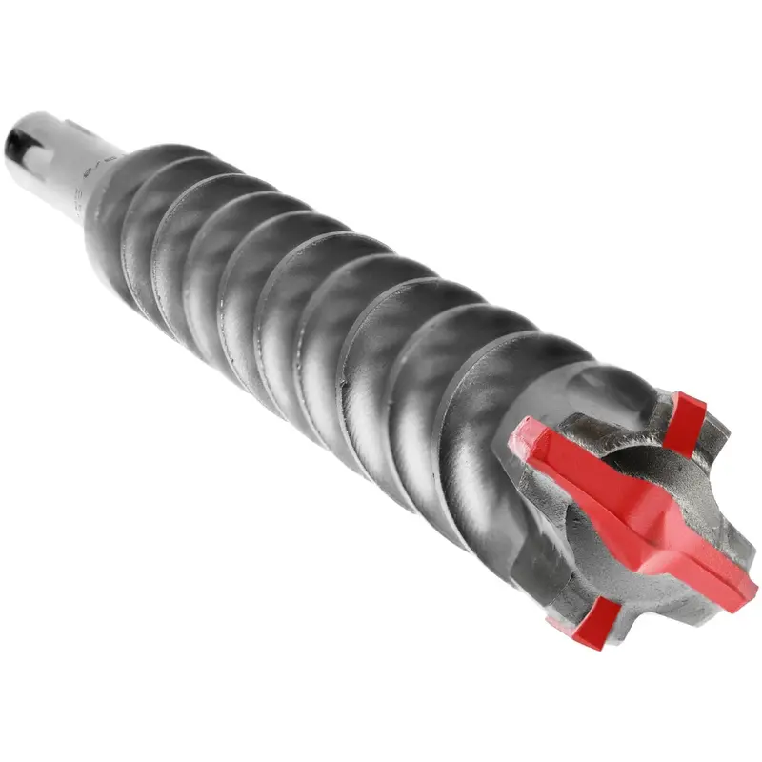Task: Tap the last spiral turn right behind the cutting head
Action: click(476, 419)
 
